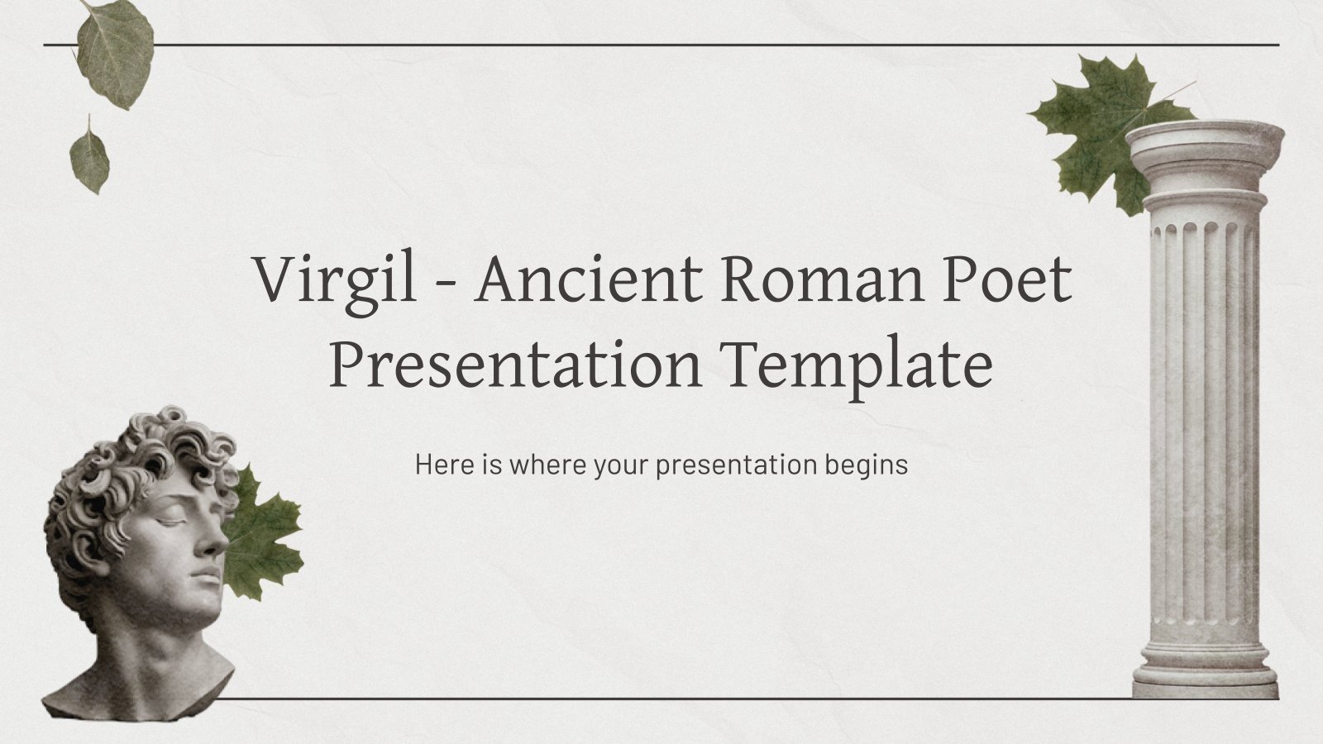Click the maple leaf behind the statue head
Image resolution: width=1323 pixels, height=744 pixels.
tap(265, 534)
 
